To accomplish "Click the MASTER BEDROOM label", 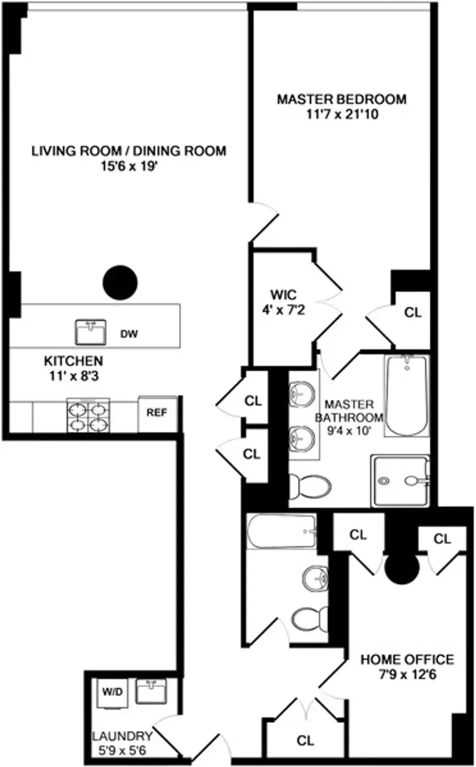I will point(342,99).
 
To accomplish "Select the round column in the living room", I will point(120,283).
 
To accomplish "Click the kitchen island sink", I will point(90,332).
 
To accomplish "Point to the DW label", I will point(129,334).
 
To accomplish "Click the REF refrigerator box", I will point(157,413).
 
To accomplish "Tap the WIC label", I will point(283,294).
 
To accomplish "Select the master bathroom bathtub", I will point(406,395).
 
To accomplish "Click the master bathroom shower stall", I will point(400,481).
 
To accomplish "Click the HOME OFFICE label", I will point(407,660).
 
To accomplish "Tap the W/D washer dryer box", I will point(112,692).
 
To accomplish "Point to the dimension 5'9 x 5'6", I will point(122,750).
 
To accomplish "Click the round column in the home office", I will point(402,569).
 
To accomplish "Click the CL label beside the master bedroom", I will point(413,313).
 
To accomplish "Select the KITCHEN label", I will point(73,360).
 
